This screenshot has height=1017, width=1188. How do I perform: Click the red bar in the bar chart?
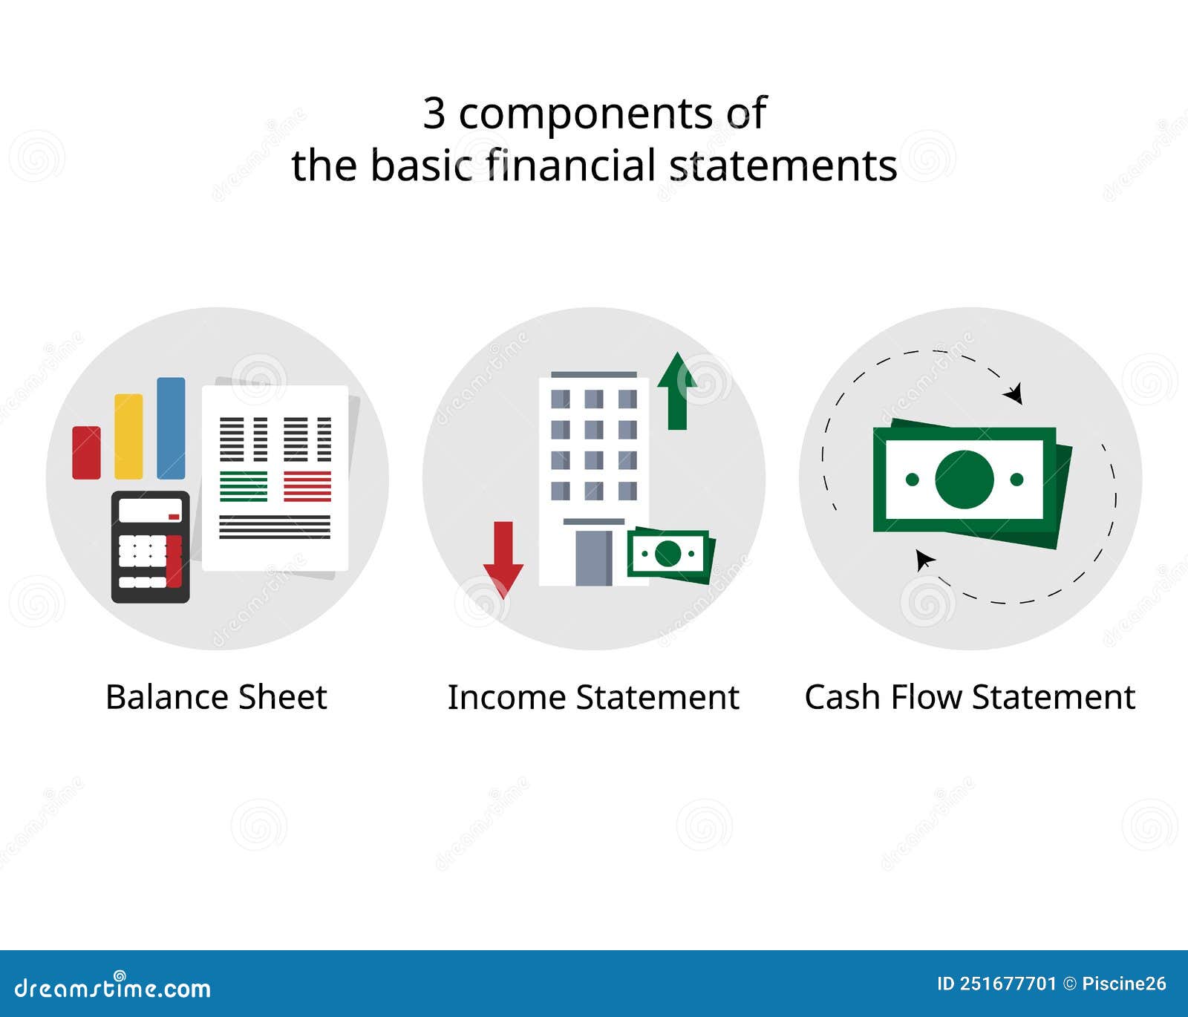86,452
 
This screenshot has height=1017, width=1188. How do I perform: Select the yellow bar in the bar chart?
128,436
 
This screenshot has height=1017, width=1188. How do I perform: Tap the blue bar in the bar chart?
171,428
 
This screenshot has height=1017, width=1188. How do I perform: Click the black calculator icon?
151,546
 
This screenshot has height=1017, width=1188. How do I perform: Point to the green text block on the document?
244,486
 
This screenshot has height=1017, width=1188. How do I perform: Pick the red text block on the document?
307,486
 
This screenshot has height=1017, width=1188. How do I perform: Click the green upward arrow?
676,391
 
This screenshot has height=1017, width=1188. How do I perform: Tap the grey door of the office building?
594,557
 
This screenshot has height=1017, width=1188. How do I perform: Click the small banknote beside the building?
670,554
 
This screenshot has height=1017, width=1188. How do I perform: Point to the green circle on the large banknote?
964,480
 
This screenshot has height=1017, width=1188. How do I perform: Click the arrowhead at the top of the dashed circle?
1014,393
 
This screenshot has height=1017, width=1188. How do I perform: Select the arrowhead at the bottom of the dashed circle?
924,559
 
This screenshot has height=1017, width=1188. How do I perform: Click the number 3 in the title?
434,114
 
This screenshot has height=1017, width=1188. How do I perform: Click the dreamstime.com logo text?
113,988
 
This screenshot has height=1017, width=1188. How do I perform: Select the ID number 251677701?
1007,984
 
